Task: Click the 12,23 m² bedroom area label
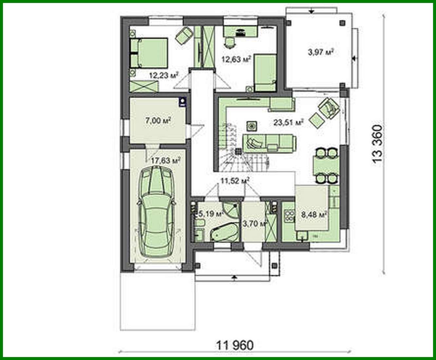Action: point(163,75)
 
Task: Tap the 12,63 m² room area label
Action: point(236,59)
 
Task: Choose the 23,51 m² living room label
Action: point(288,122)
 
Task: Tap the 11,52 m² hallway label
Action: point(235,180)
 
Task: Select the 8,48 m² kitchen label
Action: point(314,215)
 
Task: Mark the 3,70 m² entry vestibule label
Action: point(255,224)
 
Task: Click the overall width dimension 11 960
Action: point(235,345)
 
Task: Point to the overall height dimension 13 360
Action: point(377,145)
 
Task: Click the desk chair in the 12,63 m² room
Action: point(230,42)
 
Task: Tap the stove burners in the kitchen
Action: point(290,215)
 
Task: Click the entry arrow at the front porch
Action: point(234,278)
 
